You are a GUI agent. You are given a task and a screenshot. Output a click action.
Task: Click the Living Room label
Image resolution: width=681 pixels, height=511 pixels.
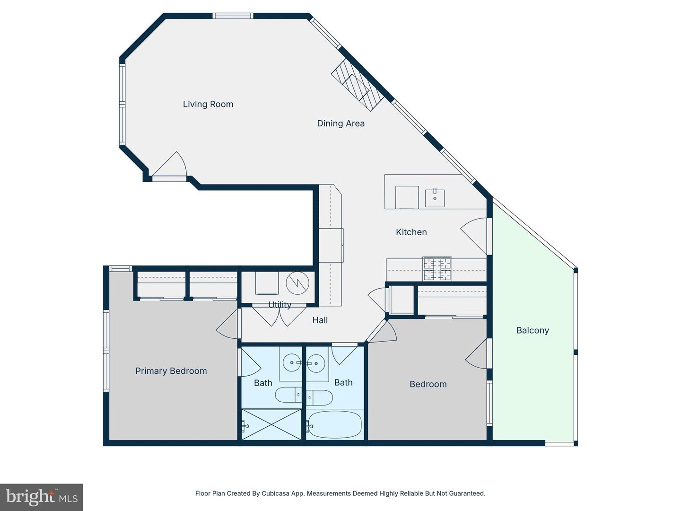[208, 104]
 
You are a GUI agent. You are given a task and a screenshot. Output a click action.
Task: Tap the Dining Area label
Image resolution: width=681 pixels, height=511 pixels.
[340, 123]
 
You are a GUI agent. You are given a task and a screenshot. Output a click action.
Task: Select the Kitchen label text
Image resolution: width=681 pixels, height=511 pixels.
[411, 232]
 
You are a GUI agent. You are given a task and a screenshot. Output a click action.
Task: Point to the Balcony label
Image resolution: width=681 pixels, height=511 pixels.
[533, 330]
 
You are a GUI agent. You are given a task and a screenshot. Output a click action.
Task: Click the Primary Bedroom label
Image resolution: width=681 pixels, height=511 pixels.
[171, 371]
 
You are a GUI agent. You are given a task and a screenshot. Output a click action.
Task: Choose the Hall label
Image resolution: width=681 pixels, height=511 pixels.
[320, 320]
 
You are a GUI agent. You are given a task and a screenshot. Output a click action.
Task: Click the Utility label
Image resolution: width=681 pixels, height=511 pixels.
[279, 305]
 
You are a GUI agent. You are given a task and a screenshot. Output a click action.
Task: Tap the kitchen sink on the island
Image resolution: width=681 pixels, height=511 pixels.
[435, 198]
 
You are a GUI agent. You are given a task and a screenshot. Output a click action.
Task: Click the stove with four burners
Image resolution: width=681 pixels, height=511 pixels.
[437, 269]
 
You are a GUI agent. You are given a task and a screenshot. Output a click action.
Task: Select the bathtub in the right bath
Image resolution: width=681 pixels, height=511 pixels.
[334, 424]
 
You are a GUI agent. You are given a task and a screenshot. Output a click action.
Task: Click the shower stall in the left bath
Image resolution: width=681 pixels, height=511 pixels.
[271, 424]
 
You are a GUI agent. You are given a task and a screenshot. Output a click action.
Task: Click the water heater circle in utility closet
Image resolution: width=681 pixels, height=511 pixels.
[297, 283]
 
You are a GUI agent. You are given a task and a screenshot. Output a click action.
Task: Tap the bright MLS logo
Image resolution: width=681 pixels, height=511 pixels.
[42, 497]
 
